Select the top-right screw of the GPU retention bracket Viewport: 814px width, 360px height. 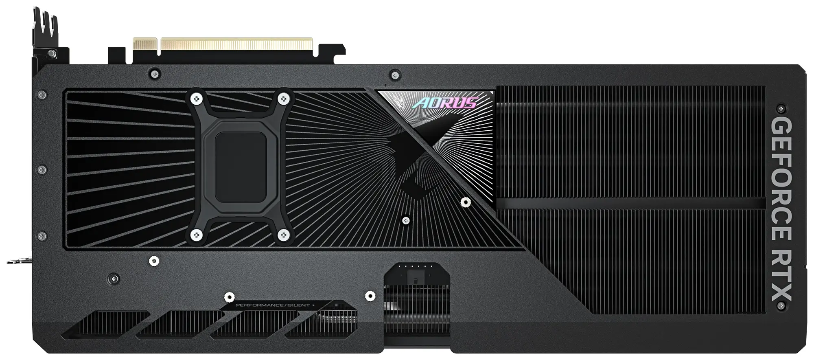point(284,99)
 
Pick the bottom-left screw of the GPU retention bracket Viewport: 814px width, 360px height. point(197,234)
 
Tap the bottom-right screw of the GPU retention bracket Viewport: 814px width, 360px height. point(284,234)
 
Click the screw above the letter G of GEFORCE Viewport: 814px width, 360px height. point(780,109)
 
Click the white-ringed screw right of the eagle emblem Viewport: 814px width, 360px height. point(464,202)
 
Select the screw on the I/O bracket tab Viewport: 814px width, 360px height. point(52,54)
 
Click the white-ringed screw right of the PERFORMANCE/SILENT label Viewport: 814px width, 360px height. point(370,296)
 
